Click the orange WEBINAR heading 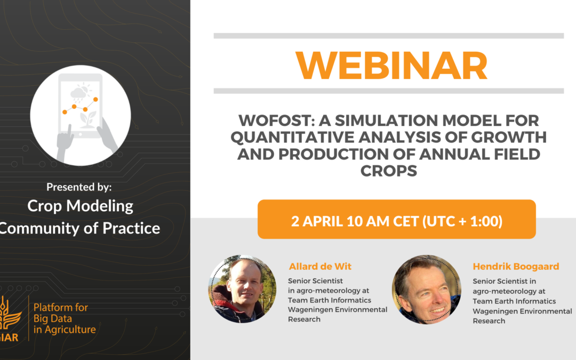click(x=391, y=66)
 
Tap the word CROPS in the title click(x=389, y=171)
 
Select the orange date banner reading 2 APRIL click(x=397, y=219)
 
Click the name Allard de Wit click(x=320, y=266)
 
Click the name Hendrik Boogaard click(x=516, y=266)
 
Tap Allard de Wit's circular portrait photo click(x=243, y=289)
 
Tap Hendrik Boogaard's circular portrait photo click(x=426, y=290)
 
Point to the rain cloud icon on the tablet click(x=78, y=94)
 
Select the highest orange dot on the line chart click(x=95, y=99)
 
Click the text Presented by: click(x=79, y=187)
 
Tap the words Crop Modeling click(x=80, y=206)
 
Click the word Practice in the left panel click(x=131, y=228)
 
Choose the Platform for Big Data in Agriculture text click(x=65, y=318)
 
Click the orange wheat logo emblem click(x=9, y=315)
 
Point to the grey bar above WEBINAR click(x=389, y=36)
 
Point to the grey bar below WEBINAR click(x=389, y=91)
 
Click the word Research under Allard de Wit click(x=304, y=319)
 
